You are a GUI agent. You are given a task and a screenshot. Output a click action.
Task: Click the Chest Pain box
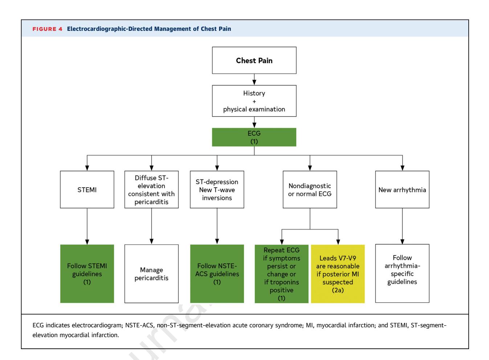254,60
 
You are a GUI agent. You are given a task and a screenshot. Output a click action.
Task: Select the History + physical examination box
254,101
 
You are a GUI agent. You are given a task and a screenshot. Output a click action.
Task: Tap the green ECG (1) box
254,137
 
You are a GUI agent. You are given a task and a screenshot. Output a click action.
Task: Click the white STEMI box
87,189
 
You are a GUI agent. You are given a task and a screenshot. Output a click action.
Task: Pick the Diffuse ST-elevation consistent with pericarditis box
151,189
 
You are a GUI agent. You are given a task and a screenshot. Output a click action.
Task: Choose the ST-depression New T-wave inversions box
217,189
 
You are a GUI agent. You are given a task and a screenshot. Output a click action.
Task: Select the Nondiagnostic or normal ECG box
310,189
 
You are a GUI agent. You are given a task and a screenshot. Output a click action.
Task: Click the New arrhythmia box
402,189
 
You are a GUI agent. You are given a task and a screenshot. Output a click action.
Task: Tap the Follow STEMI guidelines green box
87,274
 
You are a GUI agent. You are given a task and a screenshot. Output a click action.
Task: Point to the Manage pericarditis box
151,274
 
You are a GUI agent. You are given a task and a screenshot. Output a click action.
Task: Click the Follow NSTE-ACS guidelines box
217,274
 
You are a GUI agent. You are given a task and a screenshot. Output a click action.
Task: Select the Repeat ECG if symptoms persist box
282,274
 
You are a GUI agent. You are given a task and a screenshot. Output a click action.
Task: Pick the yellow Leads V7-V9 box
338,274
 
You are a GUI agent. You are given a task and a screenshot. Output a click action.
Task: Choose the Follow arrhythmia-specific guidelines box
402,273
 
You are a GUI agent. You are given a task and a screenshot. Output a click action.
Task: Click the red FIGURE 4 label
47,29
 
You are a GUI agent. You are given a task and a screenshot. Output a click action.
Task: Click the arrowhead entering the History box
254,82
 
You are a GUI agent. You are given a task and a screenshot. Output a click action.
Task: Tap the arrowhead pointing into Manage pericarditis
151,242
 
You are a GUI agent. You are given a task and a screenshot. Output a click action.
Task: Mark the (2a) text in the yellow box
338,290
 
